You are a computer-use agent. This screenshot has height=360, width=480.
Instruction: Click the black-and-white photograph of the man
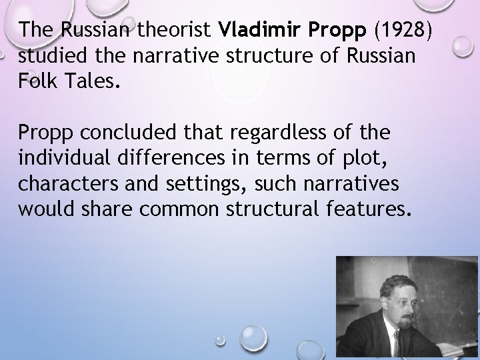tap(407, 307)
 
